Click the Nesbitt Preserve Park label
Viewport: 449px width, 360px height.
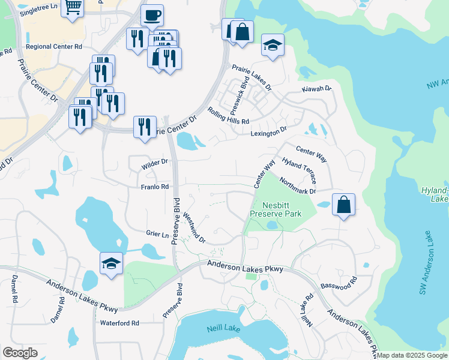click(x=276, y=209)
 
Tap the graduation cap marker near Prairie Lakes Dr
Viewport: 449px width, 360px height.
click(x=273, y=46)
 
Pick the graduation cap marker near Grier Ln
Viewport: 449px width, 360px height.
click(x=111, y=264)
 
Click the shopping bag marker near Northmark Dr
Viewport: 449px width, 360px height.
click(x=343, y=205)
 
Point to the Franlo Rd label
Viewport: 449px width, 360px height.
click(x=154, y=187)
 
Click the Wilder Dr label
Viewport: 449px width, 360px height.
click(x=154, y=162)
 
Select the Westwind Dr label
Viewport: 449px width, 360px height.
click(x=194, y=228)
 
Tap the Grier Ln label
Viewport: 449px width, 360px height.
click(x=157, y=233)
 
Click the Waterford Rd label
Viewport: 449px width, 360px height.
click(x=119, y=323)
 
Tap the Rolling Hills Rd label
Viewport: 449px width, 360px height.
click(x=228, y=116)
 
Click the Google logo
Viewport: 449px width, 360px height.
click(x=20, y=353)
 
